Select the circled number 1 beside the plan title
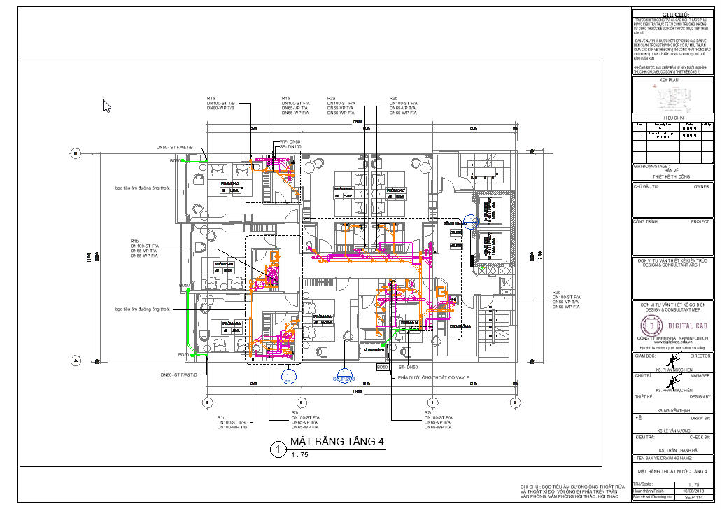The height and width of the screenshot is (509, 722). [x=278, y=449]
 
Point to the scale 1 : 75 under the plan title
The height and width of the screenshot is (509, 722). [x=299, y=455]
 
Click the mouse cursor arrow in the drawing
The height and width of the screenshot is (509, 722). [x=106, y=106]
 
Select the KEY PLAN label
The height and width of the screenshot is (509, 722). [x=670, y=81]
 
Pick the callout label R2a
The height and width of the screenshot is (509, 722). [x=332, y=98]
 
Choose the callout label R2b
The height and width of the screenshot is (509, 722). [x=393, y=98]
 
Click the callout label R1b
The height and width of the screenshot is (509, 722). [x=135, y=241]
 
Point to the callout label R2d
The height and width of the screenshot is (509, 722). [x=557, y=292]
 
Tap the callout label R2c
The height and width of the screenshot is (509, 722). [x=428, y=413]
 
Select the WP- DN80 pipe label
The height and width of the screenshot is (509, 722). [x=290, y=142]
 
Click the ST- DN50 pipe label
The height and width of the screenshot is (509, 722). [x=408, y=367]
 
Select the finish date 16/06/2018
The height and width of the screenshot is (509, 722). [x=693, y=491]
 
